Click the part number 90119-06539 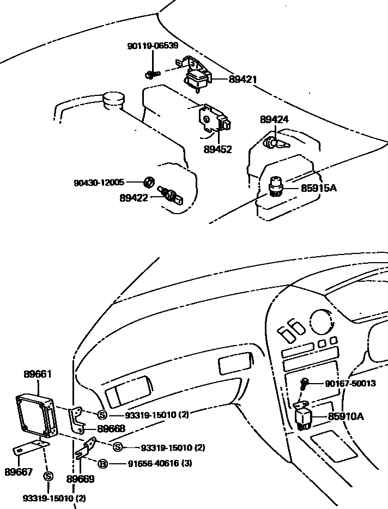(x=153, y=46)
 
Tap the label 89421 (x=243, y=79)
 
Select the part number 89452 (x=218, y=149)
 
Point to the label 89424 (x=274, y=119)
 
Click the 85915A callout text (x=319, y=188)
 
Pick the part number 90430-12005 (x=99, y=183)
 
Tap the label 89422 (x=134, y=198)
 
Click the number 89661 (x=38, y=374)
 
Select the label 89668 (x=111, y=428)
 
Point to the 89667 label (x=19, y=471)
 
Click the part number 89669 (x=80, y=479)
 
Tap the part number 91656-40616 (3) (x=160, y=463)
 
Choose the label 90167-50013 (x=350, y=383)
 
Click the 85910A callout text (x=346, y=416)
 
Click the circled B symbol (x=102, y=464)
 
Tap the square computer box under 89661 (x=37, y=415)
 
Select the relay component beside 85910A (x=302, y=416)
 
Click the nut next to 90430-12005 (x=149, y=182)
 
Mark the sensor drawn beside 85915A (x=276, y=186)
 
